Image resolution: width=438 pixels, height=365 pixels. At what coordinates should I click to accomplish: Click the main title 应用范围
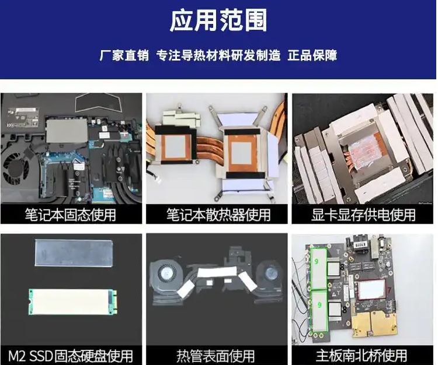click(218, 20)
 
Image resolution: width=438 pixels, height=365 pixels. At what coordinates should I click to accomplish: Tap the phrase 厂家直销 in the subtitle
click(124, 55)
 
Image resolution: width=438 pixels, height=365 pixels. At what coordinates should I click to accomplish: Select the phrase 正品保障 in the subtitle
click(312, 55)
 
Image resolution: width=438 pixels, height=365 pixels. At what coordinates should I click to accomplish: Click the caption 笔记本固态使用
click(71, 215)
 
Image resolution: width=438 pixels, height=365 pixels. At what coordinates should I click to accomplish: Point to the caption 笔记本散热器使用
click(218, 215)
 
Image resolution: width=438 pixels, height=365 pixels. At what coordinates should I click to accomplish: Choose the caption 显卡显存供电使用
click(363, 215)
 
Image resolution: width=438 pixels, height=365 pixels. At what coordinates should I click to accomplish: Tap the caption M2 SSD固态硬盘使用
click(71, 356)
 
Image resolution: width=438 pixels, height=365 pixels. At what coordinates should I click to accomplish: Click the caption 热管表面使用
click(215, 356)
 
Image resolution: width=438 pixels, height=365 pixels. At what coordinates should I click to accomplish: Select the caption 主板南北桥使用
click(361, 356)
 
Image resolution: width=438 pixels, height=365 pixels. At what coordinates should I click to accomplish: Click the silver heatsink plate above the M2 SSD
click(74, 253)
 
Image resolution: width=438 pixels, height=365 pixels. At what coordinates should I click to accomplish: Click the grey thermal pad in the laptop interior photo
click(67, 131)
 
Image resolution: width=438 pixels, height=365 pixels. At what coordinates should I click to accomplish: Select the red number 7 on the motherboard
click(389, 290)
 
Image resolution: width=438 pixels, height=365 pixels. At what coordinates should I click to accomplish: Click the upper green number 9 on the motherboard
click(316, 261)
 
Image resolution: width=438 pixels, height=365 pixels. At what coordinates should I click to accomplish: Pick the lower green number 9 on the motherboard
click(319, 305)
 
